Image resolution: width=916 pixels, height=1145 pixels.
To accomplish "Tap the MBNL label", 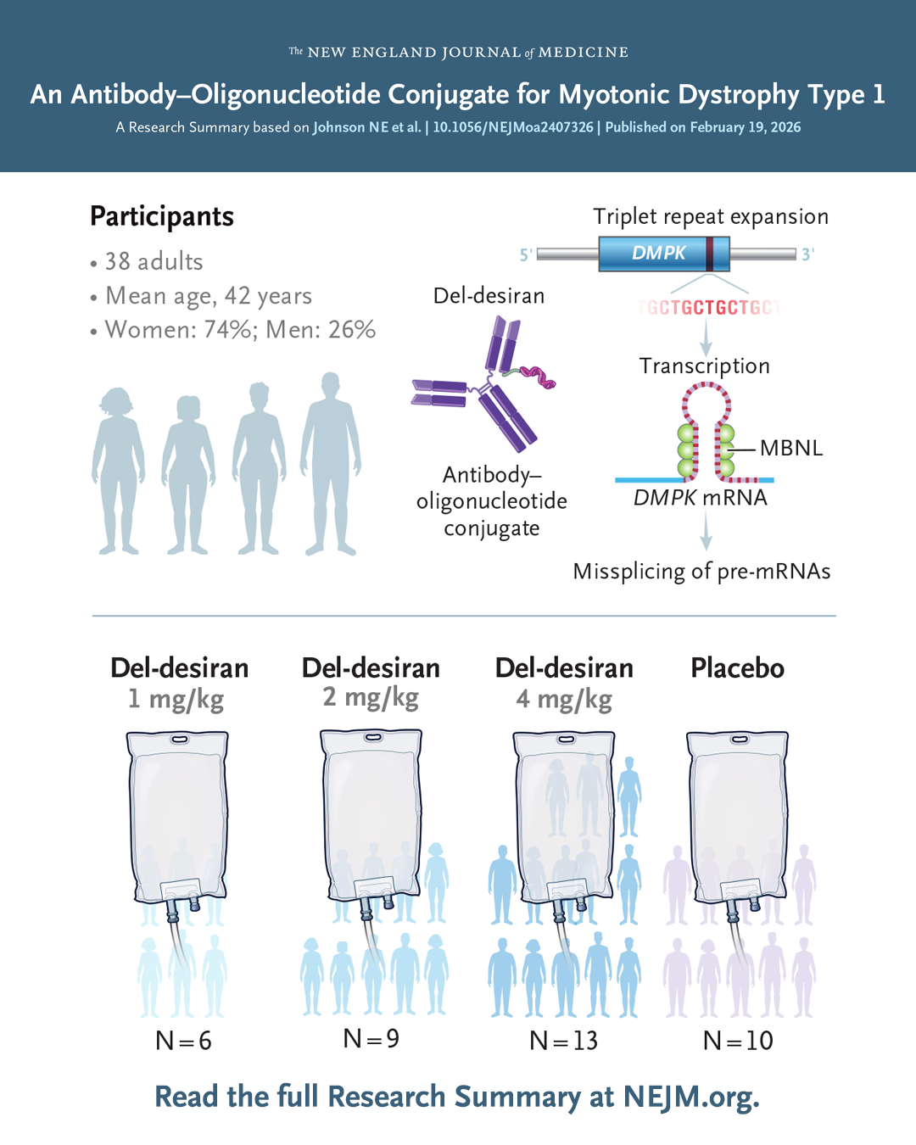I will point(790,448).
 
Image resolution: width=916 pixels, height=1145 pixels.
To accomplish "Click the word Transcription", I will point(704,366).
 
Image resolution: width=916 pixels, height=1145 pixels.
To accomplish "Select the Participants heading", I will point(162,216).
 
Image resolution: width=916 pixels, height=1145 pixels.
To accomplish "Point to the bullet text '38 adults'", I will point(154,261).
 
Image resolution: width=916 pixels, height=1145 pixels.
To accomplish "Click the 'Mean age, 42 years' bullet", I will point(208,296).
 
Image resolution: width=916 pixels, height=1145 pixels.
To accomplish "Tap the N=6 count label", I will point(183,1040).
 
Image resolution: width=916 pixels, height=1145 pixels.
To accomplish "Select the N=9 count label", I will point(371,1038).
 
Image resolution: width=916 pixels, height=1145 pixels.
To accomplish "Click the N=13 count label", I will point(563,1040).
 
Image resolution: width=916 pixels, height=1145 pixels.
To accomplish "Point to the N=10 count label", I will point(738,1040).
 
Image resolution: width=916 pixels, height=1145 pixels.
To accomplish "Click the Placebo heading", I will point(737,668).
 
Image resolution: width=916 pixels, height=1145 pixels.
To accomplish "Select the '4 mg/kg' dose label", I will point(564,699).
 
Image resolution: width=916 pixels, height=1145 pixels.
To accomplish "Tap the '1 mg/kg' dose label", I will point(176,699).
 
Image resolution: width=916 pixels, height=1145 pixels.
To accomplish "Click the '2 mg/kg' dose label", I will point(371,697).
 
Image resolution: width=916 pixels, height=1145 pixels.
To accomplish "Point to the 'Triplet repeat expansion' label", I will point(711,217).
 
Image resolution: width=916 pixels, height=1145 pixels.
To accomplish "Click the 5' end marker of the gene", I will point(526,254).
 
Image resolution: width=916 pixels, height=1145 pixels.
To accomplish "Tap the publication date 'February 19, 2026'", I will point(745,127).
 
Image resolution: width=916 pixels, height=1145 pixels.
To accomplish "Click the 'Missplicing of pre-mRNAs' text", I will point(701,572).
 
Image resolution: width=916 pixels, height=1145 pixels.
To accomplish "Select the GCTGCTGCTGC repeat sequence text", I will point(709,307).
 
